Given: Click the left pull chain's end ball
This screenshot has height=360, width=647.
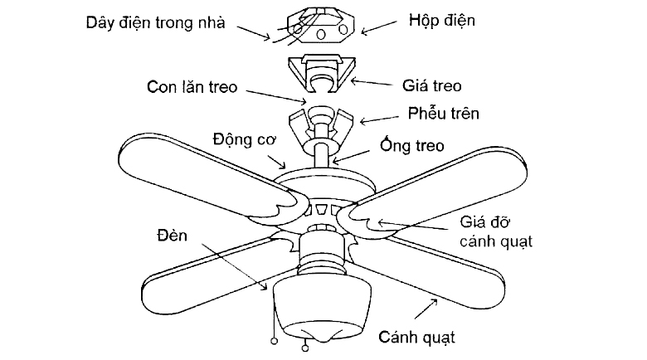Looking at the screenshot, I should tap(274, 341).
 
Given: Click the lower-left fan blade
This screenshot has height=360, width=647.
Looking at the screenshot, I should tap(207, 273).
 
